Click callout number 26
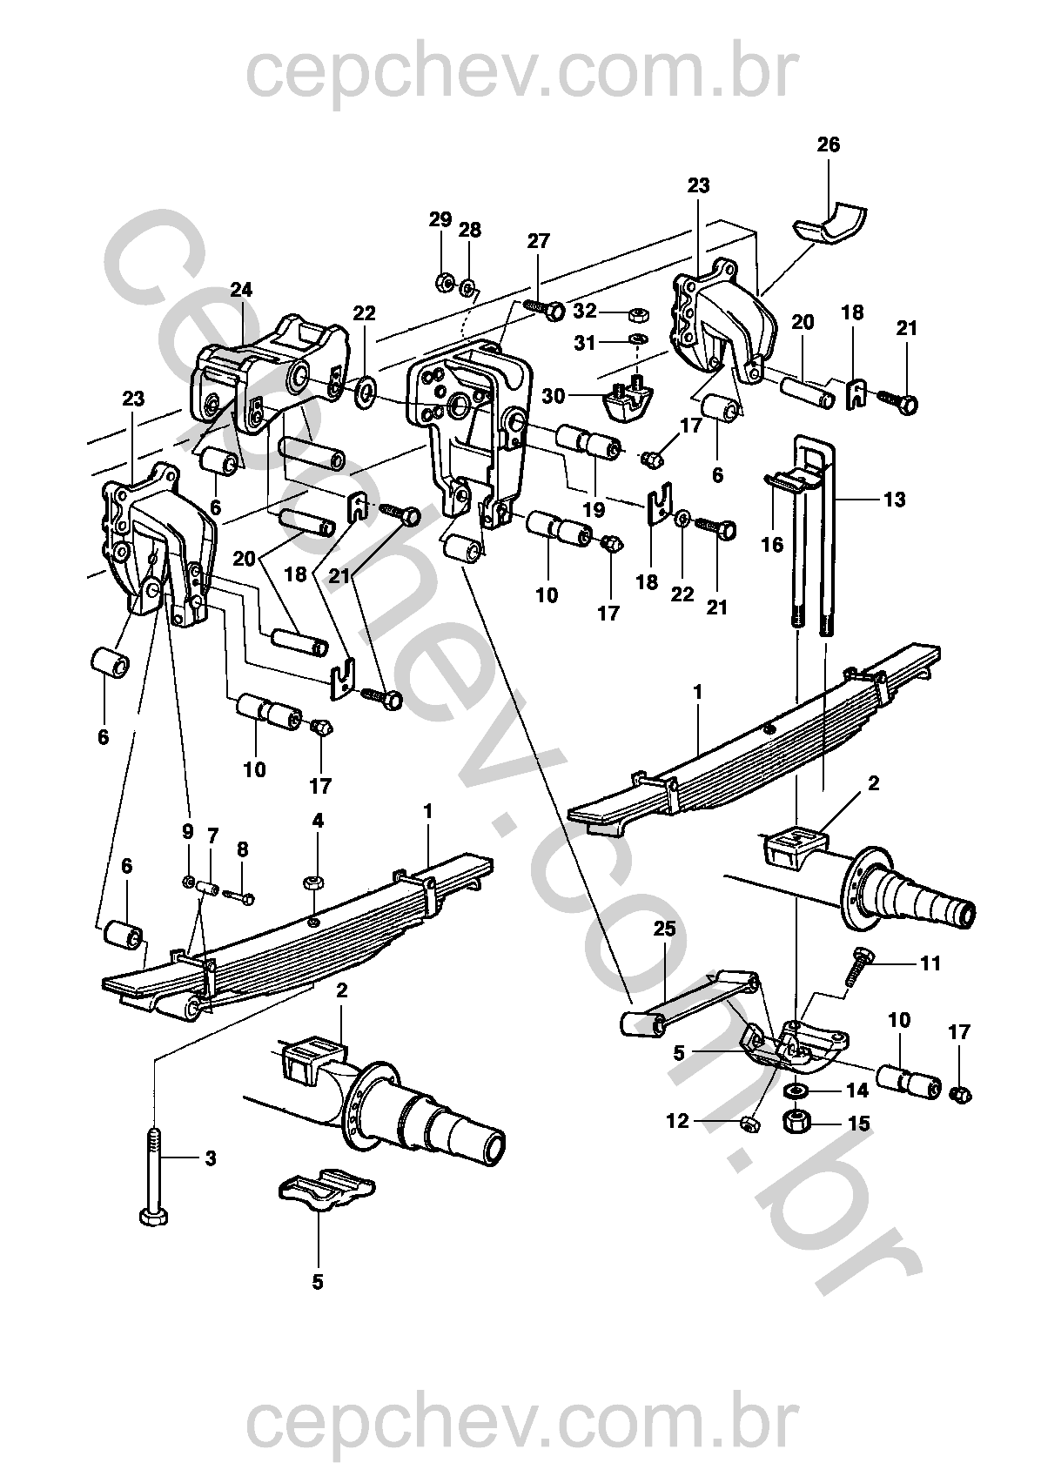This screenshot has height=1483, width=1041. coord(829,144)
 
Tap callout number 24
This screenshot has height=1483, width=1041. coord(241,290)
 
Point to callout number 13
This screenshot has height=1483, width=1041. coord(894,500)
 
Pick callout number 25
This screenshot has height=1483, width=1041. coord(665,929)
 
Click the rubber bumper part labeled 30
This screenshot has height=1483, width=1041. coord(628,399)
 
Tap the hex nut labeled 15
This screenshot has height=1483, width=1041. coord(796,1123)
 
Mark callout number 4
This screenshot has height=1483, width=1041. coord(318,821)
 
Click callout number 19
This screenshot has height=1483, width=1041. coord(594,507)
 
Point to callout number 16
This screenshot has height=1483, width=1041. coord(773,546)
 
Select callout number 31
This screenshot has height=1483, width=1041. coord(585,343)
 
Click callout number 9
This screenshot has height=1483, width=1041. coord(188,831)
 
